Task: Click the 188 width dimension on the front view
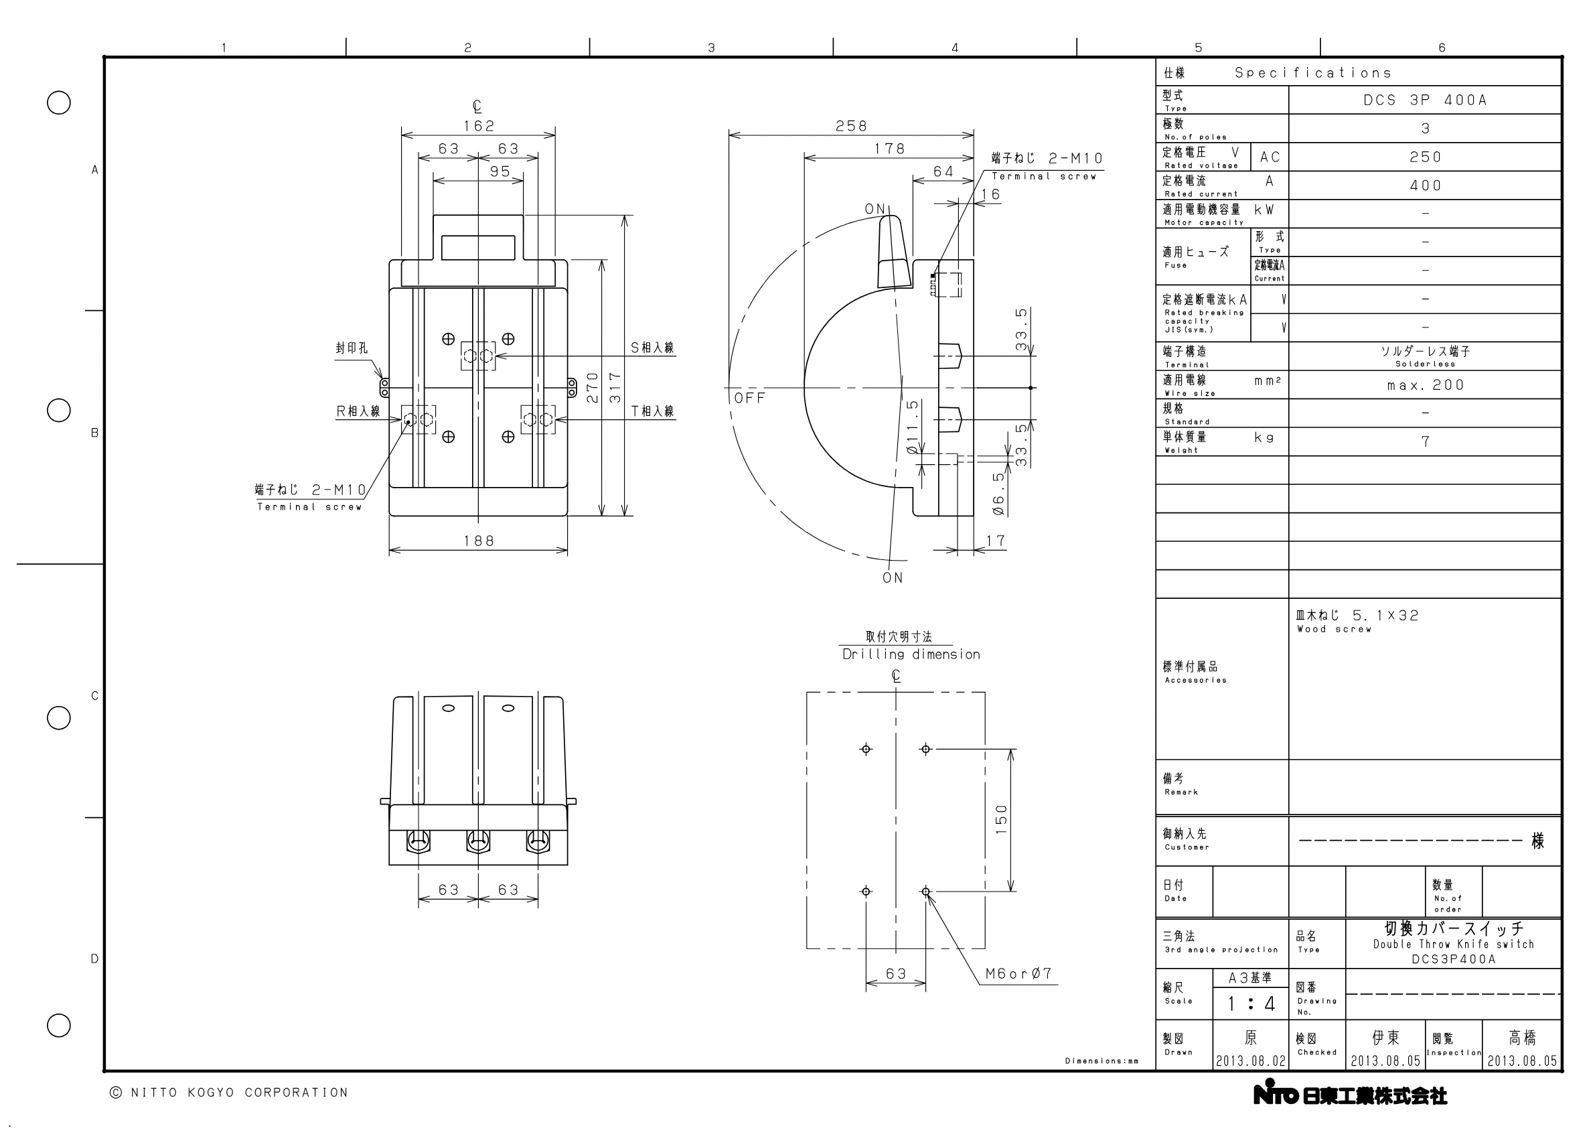(479, 541)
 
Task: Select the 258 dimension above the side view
(851, 126)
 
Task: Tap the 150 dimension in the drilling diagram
(1001, 819)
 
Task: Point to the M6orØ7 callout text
(1019, 974)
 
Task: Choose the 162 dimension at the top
(479, 126)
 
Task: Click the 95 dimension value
(500, 171)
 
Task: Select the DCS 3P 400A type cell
(1425, 100)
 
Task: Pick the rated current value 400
(1426, 186)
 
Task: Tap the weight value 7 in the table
(1426, 441)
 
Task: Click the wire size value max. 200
(1426, 385)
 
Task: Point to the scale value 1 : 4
(1250, 1003)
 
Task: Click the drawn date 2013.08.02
(1250, 1061)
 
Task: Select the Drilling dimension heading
(911, 654)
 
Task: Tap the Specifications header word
(1313, 73)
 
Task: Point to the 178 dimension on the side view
(889, 149)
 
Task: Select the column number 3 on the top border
(711, 48)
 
